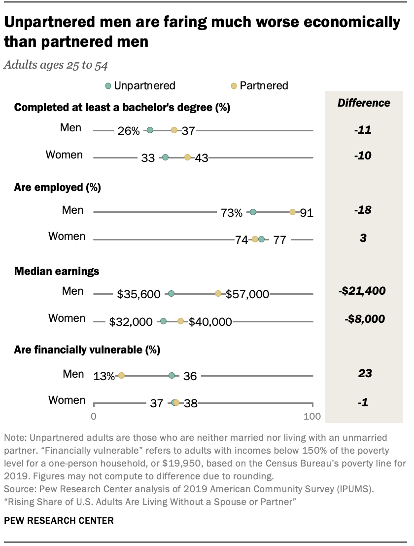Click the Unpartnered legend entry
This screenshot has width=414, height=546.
tap(140, 85)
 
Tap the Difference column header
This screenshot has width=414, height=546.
tap(363, 103)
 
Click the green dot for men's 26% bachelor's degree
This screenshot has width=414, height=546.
tap(150, 130)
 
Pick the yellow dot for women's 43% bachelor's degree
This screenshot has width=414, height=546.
tap(187, 157)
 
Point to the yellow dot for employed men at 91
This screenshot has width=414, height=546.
tap(292, 212)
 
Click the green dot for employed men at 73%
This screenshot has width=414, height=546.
tap(253, 212)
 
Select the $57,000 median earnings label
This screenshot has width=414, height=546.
tap(247, 294)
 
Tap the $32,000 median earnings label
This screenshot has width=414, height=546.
tap(131, 322)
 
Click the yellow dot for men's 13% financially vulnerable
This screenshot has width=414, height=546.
tap(121, 376)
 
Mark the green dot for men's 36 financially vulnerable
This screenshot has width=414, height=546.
tap(172, 376)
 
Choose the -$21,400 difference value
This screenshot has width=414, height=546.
tap(362, 291)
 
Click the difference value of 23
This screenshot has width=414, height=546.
tap(365, 374)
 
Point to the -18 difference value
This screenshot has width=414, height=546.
tap(363, 210)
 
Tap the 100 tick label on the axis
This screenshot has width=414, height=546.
tap(312, 416)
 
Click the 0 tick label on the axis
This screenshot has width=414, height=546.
tap(94, 416)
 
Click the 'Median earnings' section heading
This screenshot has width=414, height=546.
tap(57, 271)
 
